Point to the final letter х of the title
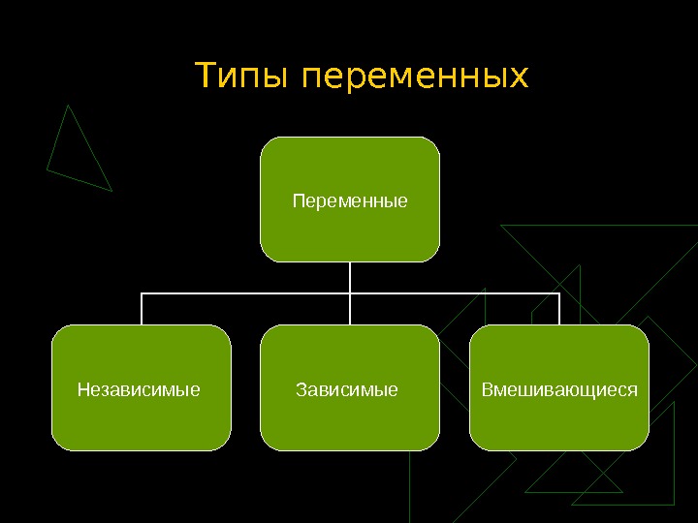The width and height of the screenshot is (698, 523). click(521, 78)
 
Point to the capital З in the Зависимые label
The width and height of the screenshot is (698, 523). click(300, 390)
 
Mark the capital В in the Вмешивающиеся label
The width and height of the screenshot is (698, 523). click(487, 390)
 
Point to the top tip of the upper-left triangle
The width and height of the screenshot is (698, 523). click(68, 106)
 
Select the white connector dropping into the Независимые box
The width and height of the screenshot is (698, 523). click(142, 309)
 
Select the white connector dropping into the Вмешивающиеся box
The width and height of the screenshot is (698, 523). click(559, 309)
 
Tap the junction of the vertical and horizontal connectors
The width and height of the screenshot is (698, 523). click(350, 292)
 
